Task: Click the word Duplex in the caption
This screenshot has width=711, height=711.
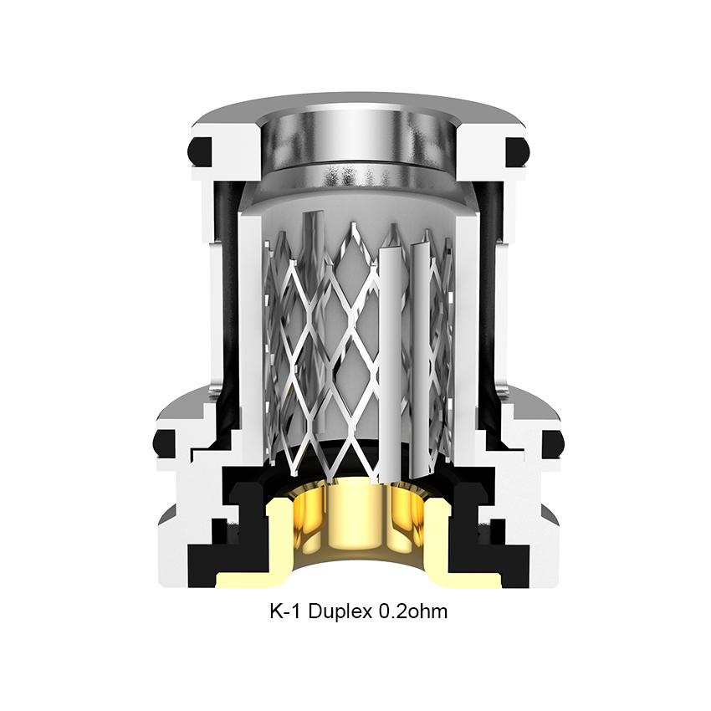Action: click(x=340, y=611)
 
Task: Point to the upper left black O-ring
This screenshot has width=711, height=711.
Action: click(x=200, y=151)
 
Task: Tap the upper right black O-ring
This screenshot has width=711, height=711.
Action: click(x=517, y=151)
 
